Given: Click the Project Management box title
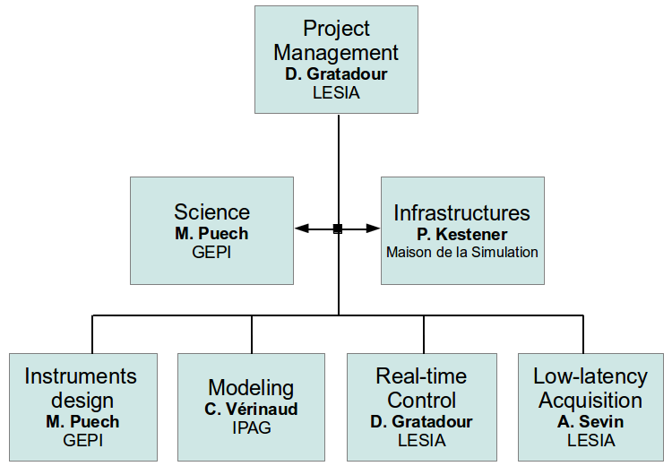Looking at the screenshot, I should click(x=336, y=40).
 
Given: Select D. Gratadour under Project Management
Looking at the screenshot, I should click(x=336, y=74).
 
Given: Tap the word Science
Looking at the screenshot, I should click(x=211, y=212).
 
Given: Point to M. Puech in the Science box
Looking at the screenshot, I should click(x=211, y=234).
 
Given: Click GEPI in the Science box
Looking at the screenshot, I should click(x=211, y=252).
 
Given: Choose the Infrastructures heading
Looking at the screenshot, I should click(x=461, y=213).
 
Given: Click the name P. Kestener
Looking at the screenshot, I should click(x=461, y=235).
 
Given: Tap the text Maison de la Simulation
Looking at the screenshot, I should click(x=461, y=252).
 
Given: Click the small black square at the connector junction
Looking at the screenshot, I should click(x=338, y=229).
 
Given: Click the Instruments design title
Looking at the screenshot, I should click(x=81, y=387).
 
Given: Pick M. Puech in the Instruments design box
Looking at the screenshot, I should click(x=82, y=422).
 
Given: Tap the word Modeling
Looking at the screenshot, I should click(x=251, y=388).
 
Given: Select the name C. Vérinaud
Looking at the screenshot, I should click(x=251, y=410).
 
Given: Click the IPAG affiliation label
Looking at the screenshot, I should click(x=251, y=427).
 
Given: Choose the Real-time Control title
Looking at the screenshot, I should click(x=421, y=387).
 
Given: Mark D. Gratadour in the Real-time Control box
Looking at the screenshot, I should click(x=421, y=422).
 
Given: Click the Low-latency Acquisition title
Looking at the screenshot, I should click(x=590, y=387).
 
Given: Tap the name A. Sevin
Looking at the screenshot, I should click(x=590, y=422).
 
